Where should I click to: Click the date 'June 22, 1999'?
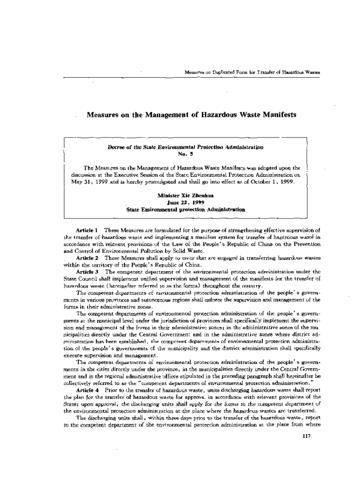(185, 203)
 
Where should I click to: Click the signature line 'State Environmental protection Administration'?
(186, 210)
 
